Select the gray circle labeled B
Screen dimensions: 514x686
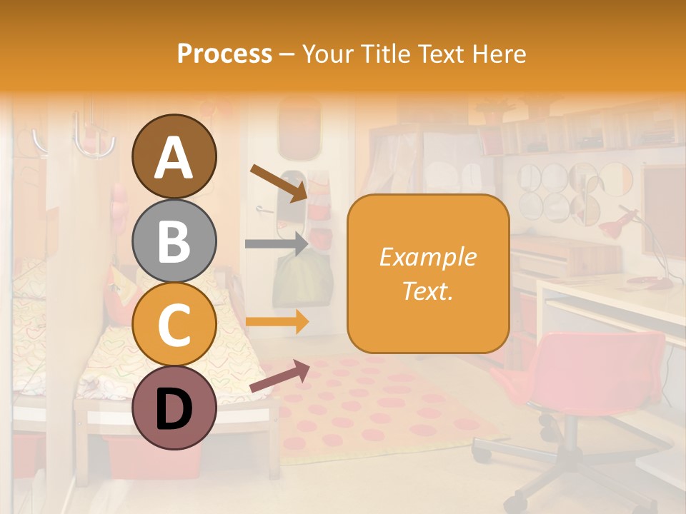pos(174,241)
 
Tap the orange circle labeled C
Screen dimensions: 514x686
pos(174,324)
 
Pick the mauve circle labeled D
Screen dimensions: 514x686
pos(174,408)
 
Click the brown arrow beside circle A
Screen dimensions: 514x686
pos(278,182)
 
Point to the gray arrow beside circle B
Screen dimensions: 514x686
pos(276,243)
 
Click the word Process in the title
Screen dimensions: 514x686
pos(224,54)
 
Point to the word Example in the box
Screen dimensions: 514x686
pos(428,258)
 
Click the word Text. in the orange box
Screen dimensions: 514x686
pos(428,291)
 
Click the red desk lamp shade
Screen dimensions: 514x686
pos(612,228)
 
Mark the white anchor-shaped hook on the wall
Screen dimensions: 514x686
pos(93,139)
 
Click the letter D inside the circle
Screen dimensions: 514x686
pos(174,409)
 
